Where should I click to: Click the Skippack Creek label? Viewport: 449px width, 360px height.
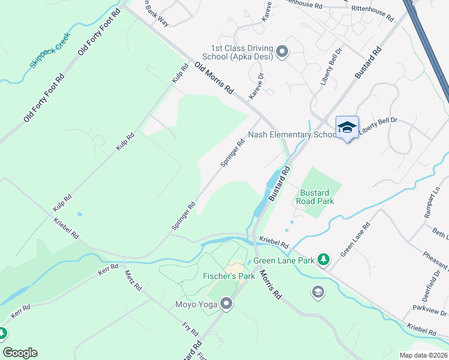(51, 50)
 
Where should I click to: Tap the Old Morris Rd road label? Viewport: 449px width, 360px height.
(214, 77)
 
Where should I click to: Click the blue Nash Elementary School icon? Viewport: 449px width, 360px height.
(347, 127)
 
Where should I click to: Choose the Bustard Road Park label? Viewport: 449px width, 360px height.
(316, 197)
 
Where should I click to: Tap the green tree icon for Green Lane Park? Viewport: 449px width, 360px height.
(324, 259)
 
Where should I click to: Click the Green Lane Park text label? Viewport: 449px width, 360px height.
(284, 261)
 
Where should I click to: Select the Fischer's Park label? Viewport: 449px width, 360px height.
(229, 276)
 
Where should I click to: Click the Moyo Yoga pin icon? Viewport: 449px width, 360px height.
(226, 305)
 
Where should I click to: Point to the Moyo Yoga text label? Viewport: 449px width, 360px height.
(195, 305)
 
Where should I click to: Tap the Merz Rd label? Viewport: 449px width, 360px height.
(133, 280)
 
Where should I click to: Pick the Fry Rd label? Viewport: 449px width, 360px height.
(190, 331)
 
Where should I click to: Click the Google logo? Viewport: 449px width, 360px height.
(20, 353)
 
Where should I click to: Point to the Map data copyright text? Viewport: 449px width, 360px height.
(423, 355)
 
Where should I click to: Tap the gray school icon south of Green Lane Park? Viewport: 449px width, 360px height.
(317, 292)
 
